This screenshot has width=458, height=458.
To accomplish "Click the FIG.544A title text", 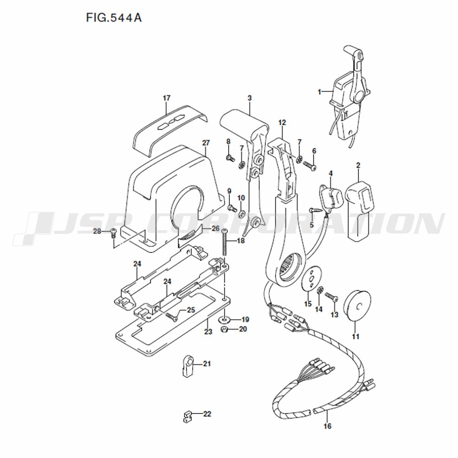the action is pos(114,18).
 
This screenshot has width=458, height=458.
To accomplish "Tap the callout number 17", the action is pos(167,98).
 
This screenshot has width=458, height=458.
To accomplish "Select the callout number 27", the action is pos(206,143).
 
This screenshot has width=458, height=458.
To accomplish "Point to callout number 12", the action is pos(282,122).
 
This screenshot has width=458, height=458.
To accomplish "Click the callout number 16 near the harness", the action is pos(327,426).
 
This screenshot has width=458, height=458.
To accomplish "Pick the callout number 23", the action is pos(208,332).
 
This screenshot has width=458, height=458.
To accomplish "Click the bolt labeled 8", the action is pos(230,158).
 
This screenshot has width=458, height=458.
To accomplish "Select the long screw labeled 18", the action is pos(224,243).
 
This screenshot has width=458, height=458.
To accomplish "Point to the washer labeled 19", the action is pos(224,319).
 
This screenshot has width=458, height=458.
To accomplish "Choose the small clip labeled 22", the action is pos(186,416).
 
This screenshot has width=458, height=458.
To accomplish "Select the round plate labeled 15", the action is pos(311,278).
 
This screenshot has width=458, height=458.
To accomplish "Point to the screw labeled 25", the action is pos(171,317).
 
